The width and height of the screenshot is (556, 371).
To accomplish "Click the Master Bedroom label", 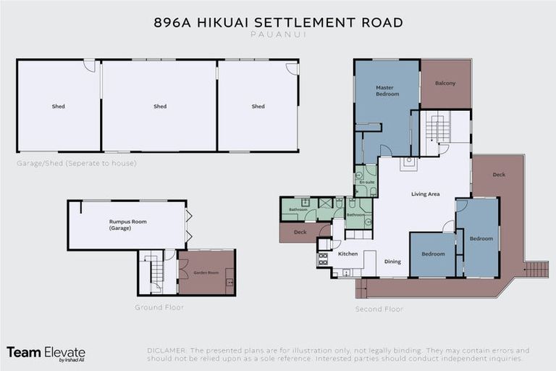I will (x=387, y=91).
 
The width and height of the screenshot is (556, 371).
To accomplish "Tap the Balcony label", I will (x=445, y=83).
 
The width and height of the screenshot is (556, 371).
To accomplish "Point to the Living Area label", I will (x=425, y=194).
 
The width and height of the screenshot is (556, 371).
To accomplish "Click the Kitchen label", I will (x=348, y=254).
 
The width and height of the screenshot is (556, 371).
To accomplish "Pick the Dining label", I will (x=392, y=262).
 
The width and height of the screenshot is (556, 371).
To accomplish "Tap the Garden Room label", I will (x=206, y=272).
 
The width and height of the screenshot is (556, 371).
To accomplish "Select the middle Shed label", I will (x=160, y=107).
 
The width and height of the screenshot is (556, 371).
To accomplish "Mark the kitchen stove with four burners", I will (x=323, y=258).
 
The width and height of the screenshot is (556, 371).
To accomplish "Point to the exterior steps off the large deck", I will (x=536, y=270).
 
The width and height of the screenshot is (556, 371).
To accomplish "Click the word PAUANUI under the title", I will (x=278, y=33).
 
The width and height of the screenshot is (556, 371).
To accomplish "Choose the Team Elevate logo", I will (x=46, y=353).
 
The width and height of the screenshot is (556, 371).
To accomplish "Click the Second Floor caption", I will (x=379, y=309).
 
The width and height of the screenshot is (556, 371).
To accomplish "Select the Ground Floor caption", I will (x=159, y=307).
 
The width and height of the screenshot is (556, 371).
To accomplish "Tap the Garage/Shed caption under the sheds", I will (x=76, y=163).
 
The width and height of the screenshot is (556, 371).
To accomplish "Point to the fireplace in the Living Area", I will (x=408, y=162).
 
